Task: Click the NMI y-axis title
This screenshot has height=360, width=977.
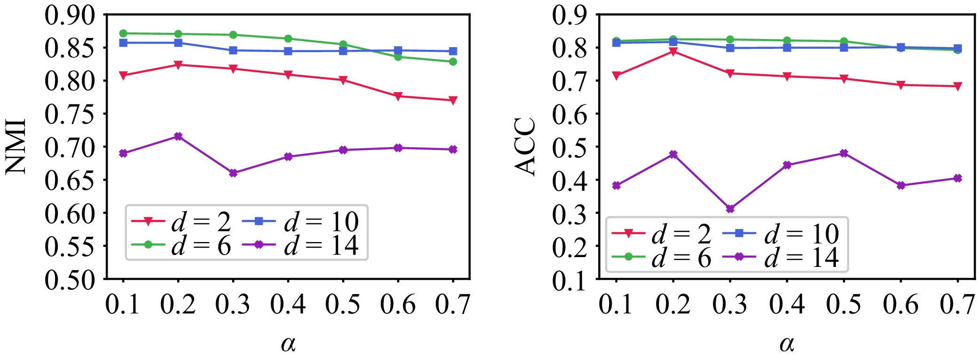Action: point(16,147)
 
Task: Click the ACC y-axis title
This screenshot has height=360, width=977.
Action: point(525,147)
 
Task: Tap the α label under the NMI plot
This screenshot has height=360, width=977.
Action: point(288,344)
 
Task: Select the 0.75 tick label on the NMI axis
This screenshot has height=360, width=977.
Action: point(70,114)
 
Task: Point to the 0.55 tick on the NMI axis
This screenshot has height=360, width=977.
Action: point(70,246)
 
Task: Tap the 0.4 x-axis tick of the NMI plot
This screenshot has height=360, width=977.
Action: point(288,304)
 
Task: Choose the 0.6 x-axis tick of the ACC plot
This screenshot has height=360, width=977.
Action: point(900,304)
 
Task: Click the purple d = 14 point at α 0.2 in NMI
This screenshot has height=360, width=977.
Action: point(178,136)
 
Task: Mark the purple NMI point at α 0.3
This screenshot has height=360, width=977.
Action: point(233,173)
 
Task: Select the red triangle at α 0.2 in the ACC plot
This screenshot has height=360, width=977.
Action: point(673,52)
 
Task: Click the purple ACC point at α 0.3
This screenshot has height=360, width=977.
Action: point(730,209)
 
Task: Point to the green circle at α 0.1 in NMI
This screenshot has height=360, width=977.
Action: point(123,33)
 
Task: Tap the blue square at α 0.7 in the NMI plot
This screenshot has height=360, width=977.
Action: point(453,51)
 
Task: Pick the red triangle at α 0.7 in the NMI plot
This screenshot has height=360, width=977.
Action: point(453,101)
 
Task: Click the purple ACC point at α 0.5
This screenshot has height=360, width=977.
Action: point(844,153)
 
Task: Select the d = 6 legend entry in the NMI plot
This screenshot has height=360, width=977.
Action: point(181,245)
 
